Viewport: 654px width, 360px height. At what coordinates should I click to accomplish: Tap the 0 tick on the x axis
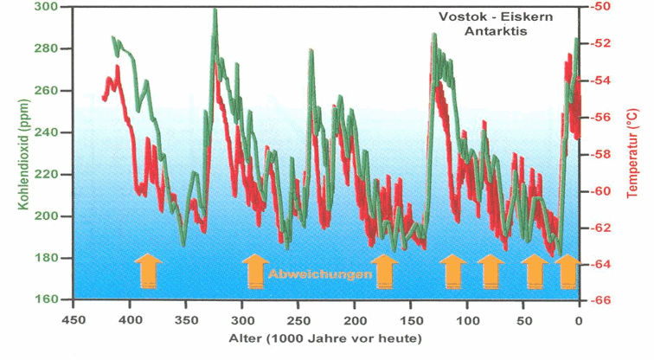pos(579,317)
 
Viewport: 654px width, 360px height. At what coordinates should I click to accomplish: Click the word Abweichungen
pos(321,274)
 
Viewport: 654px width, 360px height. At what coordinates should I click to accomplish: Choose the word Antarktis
pos(494,31)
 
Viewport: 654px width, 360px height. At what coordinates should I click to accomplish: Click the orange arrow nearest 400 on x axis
pos(147,270)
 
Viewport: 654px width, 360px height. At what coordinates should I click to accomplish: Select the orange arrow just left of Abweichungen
pos(254,270)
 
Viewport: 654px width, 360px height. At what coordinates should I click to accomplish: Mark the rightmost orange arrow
pos(567,270)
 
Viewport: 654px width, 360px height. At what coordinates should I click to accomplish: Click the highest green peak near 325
pos(214,11)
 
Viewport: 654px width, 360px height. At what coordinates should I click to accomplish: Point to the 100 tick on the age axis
pos(466,317)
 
